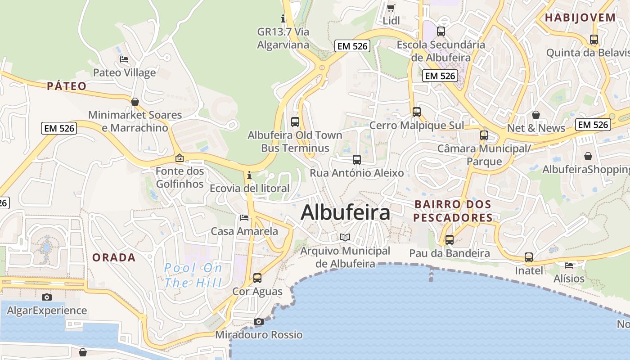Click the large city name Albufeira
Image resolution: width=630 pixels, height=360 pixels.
point(345,212)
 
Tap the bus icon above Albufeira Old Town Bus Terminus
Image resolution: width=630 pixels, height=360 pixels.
point(295,121)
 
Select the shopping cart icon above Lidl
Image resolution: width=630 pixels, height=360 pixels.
point(391,8)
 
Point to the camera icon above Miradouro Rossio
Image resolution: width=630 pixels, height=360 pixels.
point(258,321)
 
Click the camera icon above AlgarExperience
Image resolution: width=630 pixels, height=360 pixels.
point(46,297)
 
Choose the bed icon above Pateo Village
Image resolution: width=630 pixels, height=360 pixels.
point(124,59)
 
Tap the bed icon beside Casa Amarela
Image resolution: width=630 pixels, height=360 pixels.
point(244,218)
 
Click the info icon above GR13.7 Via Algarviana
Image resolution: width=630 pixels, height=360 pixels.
point(283,18)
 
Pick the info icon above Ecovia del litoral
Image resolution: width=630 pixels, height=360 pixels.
point(249,175)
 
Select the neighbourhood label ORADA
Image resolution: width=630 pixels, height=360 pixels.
point(114,257)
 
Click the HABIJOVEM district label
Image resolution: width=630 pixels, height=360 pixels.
point(580,18)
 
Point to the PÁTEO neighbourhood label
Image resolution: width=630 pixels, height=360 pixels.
point(67,86)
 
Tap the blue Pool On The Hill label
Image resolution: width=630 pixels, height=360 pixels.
point(193,275)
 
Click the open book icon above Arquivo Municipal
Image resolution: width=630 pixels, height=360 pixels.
point(345,237)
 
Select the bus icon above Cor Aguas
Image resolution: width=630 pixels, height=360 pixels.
point(257,278)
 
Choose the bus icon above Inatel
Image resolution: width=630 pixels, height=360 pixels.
point(529,257)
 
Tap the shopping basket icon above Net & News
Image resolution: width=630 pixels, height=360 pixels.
point(536,115)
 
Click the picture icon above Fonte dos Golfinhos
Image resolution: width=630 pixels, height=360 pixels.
point(180,158)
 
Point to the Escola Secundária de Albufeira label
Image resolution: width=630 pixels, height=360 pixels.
point(441,51)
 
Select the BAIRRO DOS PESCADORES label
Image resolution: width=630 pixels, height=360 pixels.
point(453,211)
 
